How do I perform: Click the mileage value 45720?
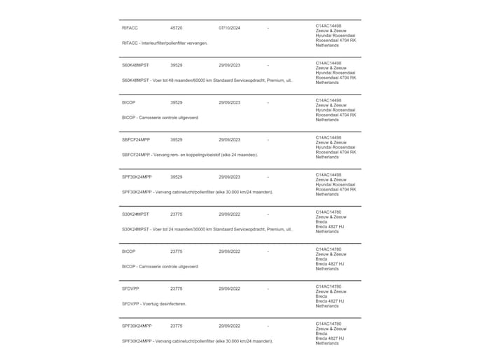pos(176,28)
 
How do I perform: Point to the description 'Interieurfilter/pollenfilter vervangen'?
pos(165,43)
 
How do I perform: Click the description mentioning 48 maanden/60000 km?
pos(207,80)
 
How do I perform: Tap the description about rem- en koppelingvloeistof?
pos(190,154)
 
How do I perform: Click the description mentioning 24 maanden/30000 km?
pos(207,229)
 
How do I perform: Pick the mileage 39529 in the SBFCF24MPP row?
pos(176,139)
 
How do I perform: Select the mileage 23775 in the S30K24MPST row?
pos(176,214)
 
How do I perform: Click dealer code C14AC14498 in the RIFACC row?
pos(329,25)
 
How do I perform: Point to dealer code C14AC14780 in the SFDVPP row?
pos(329,286)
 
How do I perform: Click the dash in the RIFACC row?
pos(268,28)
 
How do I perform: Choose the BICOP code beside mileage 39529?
pos(129,102)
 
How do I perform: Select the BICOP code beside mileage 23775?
pos(129,251)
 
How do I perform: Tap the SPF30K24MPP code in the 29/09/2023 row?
pos(137,177)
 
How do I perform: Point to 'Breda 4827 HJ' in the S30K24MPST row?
pos(330,226)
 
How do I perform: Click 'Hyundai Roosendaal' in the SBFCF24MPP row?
pos(335,147)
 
